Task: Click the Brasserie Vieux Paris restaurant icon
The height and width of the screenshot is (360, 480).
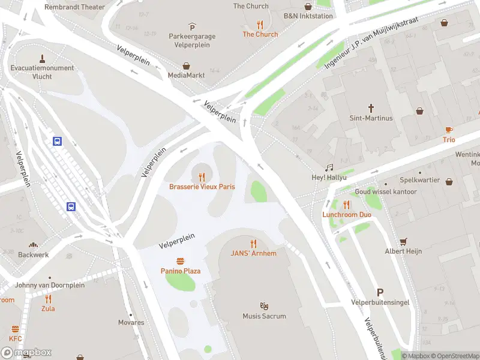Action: pyautogui.click(x=202, y=177)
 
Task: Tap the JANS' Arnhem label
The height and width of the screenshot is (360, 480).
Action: pyautogui.click(x=254, y=253)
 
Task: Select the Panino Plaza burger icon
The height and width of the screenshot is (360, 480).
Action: pyautogui.click(x=180, y=262)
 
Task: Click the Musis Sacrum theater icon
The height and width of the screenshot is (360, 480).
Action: pyautogui.click(x=264, y=306)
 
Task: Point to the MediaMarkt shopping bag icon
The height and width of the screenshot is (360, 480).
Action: pyautogui.click(x=187, y=66)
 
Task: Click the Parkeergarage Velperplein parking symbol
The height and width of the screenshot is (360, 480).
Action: pyautogui.click(x=192, y=27)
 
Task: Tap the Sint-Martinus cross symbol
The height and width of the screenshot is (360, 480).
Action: pyautogui.click(x=371, y=109)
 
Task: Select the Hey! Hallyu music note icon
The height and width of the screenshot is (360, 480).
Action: pyautogui.click(x=328, y=169)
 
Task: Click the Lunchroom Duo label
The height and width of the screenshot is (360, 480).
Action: pyautogui.click(x=347, y=214)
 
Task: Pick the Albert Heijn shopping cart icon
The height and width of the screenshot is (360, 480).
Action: pyautogui.click(x=403, y=242)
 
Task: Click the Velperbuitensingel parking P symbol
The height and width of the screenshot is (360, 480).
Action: pyautogui.click(x=380, y=292)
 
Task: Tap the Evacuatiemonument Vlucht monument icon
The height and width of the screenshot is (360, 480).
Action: pyautogui.click(x=42, y=59)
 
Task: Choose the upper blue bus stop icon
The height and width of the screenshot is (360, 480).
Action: pyautogui.click(x=57, y=142)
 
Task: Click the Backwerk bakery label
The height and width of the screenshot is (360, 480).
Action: pyautogui.click(x=34, y=255)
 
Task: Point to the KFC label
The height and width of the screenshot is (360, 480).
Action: pyautogui.click(x=15, y=339)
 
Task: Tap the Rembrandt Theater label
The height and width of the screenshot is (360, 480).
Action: pyautogui.click(x=74, y=7)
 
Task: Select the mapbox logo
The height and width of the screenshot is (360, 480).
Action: pyautogui.click(x=26, y=353)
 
